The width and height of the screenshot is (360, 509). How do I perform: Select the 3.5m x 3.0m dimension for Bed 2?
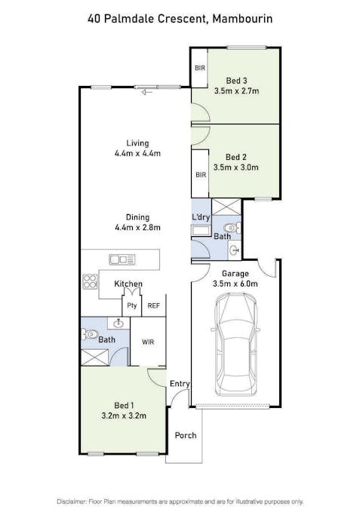coord(237,167)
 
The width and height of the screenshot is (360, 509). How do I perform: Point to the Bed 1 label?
coord(125,404)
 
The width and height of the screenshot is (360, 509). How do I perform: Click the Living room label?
coord(137,143)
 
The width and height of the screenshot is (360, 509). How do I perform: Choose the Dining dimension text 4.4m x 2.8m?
coord(137,227)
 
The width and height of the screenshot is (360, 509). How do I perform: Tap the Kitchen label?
coord(128,284)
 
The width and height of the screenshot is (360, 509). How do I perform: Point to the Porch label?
coord(186,436)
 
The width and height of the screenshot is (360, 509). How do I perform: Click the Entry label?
coord(180,385)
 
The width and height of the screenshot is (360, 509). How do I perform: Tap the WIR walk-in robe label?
coord(148,342)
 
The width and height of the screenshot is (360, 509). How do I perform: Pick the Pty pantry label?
coord(132,305)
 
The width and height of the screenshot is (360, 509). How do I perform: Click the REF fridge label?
coord(154,305)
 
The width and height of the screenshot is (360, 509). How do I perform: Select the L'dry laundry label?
coord(201,218)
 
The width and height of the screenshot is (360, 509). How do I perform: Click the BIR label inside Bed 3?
coord(200,68)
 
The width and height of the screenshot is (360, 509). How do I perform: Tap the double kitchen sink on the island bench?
coord(122,259)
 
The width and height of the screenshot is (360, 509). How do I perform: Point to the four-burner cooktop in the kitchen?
coord(90,281)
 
